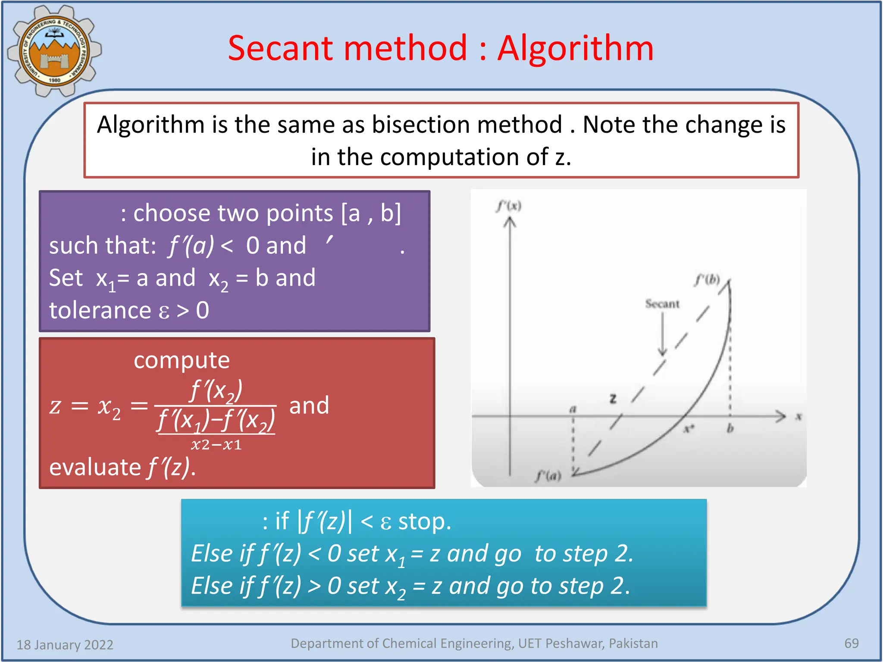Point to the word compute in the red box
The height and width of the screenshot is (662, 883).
[182, 360]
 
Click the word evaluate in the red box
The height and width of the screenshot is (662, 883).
[95, 467]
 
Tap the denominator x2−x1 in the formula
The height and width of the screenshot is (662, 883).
[216, 445]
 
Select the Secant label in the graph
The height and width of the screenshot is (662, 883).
[662, 304]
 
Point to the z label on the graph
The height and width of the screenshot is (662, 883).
[613, 399]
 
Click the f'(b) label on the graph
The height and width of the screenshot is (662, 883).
[707, 280]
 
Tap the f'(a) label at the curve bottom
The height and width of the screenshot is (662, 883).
[548, 476]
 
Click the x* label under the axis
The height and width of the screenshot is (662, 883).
[689, 429]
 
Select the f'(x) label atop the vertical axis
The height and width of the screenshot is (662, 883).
[509, 206]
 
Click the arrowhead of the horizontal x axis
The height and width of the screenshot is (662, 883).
[780, 416]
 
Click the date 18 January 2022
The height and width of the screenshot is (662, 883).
[65, 645]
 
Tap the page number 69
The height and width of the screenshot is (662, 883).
[851, 643]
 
